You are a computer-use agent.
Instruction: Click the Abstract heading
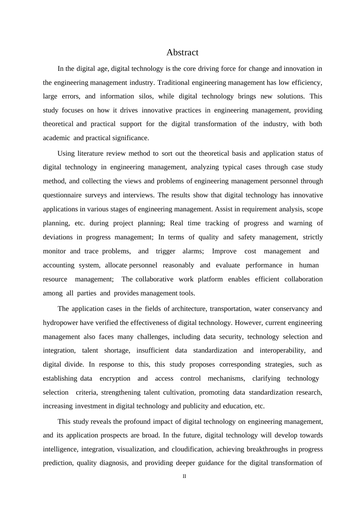(182, 52)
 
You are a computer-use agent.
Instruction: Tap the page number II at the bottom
(185, 476)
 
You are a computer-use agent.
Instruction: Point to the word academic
(56, 138)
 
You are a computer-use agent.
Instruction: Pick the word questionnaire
(62, 195)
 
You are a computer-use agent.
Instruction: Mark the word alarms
(193, 251)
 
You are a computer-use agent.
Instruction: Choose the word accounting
(58, 265)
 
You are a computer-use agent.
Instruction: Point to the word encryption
(115, 378)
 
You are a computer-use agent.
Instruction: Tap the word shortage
(117, 350)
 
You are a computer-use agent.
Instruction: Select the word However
(249, 323)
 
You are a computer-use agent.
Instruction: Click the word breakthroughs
(268, 449)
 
